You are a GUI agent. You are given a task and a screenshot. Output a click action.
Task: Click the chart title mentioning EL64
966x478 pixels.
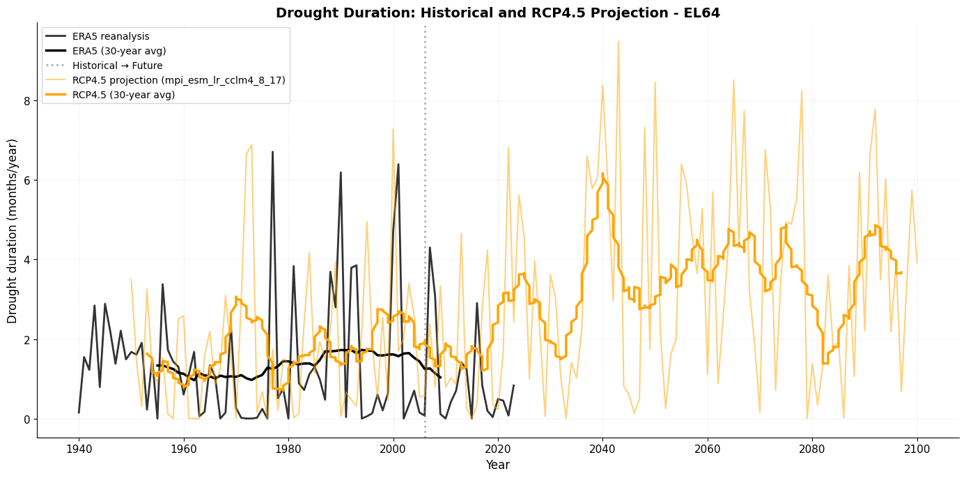pyautogui.click(x=497, y=13)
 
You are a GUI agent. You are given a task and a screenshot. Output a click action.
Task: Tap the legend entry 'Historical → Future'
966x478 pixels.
pyautogui.click(x=118, y=65)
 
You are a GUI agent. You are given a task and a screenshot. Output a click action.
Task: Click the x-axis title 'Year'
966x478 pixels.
pyautogui.click(x=497, y=465)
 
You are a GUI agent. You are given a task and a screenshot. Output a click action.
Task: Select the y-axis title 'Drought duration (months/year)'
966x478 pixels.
pyautogui.click(x=13, y=231)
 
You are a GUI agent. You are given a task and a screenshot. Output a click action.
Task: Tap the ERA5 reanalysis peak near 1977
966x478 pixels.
pyautogui.click(x=272, y=151)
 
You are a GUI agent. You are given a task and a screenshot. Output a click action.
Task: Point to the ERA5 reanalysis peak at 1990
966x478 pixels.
pyautogui.click(x=341, y=172)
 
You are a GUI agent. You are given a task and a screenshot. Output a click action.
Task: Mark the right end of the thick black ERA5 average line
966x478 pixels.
pyautogui.click(x=440, y=378)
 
